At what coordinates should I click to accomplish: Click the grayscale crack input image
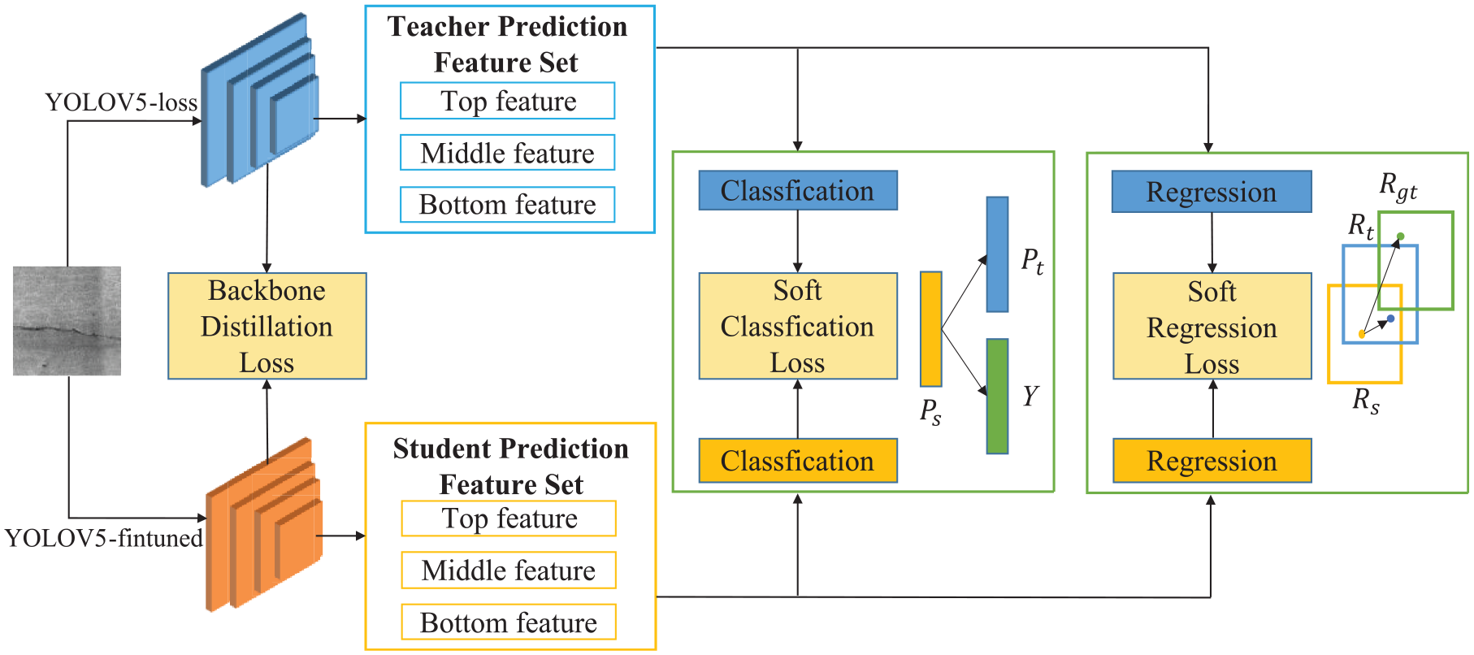tap(67, 321)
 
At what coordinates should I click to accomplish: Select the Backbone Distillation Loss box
tap(267, 326)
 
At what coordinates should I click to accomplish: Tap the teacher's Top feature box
tap(507, 101)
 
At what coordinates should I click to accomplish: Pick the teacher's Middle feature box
tap(507, 153)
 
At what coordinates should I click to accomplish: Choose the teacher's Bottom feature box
tap(507, 204)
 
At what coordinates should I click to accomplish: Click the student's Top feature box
tap(509, 518)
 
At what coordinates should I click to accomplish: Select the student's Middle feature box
tap(509, 570)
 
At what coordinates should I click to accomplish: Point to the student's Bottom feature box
tap(509, 622)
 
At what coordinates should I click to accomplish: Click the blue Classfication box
tap(798, 190)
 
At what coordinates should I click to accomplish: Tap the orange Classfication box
tap(798, 461)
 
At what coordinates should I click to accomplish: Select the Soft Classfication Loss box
tap(798, 326)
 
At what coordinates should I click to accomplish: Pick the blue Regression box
tap(1212, 192)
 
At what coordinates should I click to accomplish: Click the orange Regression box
tap(1212, 461)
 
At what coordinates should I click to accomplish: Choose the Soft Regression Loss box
tap(1212, 326)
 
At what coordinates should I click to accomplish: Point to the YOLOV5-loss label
tap(121, 102)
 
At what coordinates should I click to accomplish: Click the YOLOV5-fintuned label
tap(104, 538)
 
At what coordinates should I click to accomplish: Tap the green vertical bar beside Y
tap(997, 396)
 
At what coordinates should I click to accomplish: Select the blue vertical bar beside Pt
tap(997, 254)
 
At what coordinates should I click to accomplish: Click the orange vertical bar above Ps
tap(931, 329)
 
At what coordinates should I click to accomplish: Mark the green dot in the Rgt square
tap(1400, 236)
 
